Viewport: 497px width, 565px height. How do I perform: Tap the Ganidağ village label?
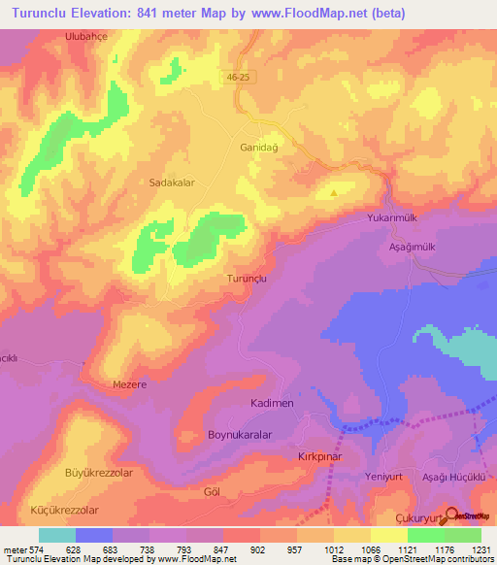258,149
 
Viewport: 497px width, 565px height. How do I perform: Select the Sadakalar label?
173,182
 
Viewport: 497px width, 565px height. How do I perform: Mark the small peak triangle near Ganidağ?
334,192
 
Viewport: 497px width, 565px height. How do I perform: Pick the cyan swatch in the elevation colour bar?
57,535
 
